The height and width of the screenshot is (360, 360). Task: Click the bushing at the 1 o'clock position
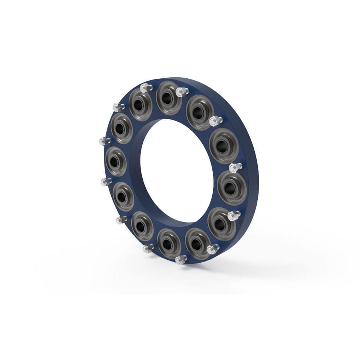click(199, 112)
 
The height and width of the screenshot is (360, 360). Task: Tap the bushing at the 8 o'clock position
click(123, 196)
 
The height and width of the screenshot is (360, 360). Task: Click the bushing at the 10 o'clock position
click(122, 128)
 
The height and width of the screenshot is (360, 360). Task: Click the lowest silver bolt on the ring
click(181, 260)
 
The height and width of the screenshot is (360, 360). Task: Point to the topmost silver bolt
click(146, 88)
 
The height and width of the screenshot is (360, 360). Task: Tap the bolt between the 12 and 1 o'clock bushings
click(182, 91)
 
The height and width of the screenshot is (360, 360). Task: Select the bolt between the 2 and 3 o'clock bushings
click(235, 167)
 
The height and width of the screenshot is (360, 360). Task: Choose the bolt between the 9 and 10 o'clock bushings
click(104, 142)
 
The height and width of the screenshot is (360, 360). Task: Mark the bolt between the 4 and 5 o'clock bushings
click(213, 249)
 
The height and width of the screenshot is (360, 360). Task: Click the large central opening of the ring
click(176, 170)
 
